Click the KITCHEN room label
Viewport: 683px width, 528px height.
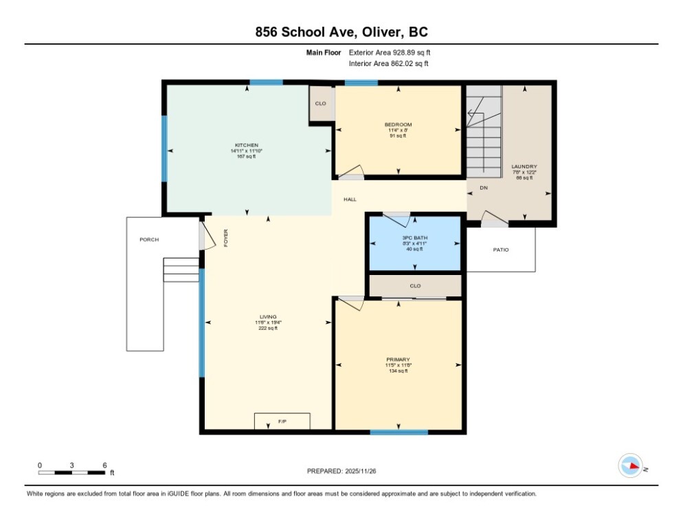[246, 145]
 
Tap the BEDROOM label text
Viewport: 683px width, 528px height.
[398, 124]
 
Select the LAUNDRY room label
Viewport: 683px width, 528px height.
[524, 166]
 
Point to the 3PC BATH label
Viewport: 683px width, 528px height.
[415, 237]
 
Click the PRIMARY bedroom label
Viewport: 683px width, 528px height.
[398, 360]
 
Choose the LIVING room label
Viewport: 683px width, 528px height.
[267, 317]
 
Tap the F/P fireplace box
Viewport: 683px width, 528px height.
[282, 421]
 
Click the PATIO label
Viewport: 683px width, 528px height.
[501, 250]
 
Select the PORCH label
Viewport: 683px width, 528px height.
[149, 239]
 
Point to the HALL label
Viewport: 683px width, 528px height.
[350, 199]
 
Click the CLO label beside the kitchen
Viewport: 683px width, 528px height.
[320, 103]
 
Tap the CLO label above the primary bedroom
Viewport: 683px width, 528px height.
[415, 285]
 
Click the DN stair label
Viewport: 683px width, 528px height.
[484, 187]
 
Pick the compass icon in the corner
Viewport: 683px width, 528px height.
[630, 465]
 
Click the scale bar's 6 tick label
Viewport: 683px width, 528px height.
[104, 465]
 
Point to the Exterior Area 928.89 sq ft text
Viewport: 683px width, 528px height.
[390, 52]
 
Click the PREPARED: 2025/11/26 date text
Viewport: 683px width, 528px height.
[341, 471]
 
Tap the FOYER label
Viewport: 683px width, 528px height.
[225, 237]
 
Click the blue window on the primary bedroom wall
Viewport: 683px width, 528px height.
[399, 432]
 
